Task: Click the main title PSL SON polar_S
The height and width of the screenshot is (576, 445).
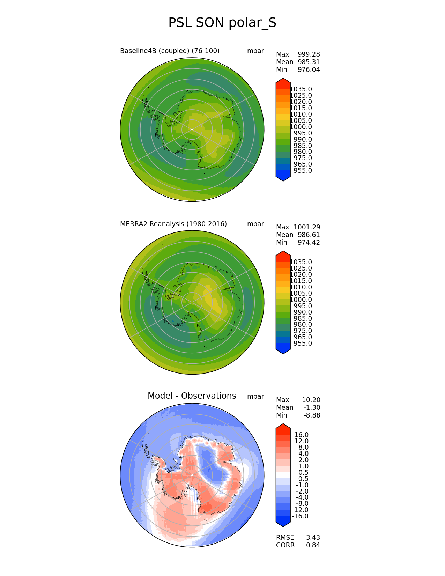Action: click(222, 23)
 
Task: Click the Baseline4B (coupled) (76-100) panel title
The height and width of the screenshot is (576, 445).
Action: click(170, 51)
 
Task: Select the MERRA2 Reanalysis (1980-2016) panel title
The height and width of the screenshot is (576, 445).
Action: click(173, 224)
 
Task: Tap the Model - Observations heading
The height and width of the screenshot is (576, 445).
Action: click(192, 396)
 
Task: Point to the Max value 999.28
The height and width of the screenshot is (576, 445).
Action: click(309, 54)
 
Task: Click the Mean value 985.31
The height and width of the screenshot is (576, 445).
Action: click(309, 62)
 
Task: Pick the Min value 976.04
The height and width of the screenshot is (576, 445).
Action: click(309, 70)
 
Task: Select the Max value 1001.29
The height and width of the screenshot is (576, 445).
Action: click(307, 227)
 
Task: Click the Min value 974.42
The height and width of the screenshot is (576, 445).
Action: click(309, 243)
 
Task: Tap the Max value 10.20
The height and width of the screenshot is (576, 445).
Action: click(311, 400)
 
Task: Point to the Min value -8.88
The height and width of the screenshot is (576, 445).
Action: click(312, 415)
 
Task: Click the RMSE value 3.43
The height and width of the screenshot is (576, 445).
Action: click(313, 538)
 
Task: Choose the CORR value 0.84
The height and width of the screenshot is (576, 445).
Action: click(313, 545)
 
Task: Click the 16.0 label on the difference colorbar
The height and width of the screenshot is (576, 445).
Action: click(301, 435)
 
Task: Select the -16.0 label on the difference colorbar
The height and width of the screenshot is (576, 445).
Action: click(300, 516)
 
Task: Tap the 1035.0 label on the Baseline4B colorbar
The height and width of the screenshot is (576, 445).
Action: click(301, 89)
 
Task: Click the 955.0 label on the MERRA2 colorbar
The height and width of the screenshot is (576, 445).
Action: click(303, 344)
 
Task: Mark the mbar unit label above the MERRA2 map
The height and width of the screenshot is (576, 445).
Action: click(255, 224)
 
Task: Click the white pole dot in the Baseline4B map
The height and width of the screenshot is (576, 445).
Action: click(192, 130)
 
